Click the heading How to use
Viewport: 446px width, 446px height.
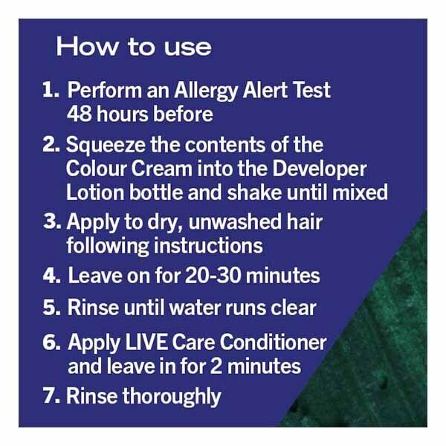[134, 47]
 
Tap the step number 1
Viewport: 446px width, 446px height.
[51, 90]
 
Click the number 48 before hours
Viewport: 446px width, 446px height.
[80, 114]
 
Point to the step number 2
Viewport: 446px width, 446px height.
[51, 144]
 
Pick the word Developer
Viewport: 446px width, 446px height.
[319, 170]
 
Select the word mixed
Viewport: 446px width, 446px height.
[360, 193]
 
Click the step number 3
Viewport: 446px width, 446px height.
[52, 222]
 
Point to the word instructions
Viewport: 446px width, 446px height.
[208, 245]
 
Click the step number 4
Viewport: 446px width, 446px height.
[52, 276]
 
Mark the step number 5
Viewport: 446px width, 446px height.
[52, 308]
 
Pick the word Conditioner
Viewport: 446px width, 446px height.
[273, 342]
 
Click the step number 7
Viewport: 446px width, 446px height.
[51, 395]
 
